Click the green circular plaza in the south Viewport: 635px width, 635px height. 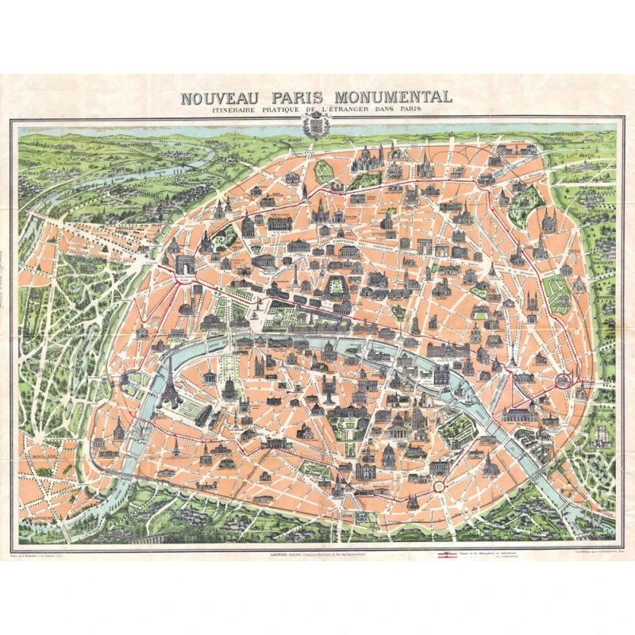click(x=438, y=485)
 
